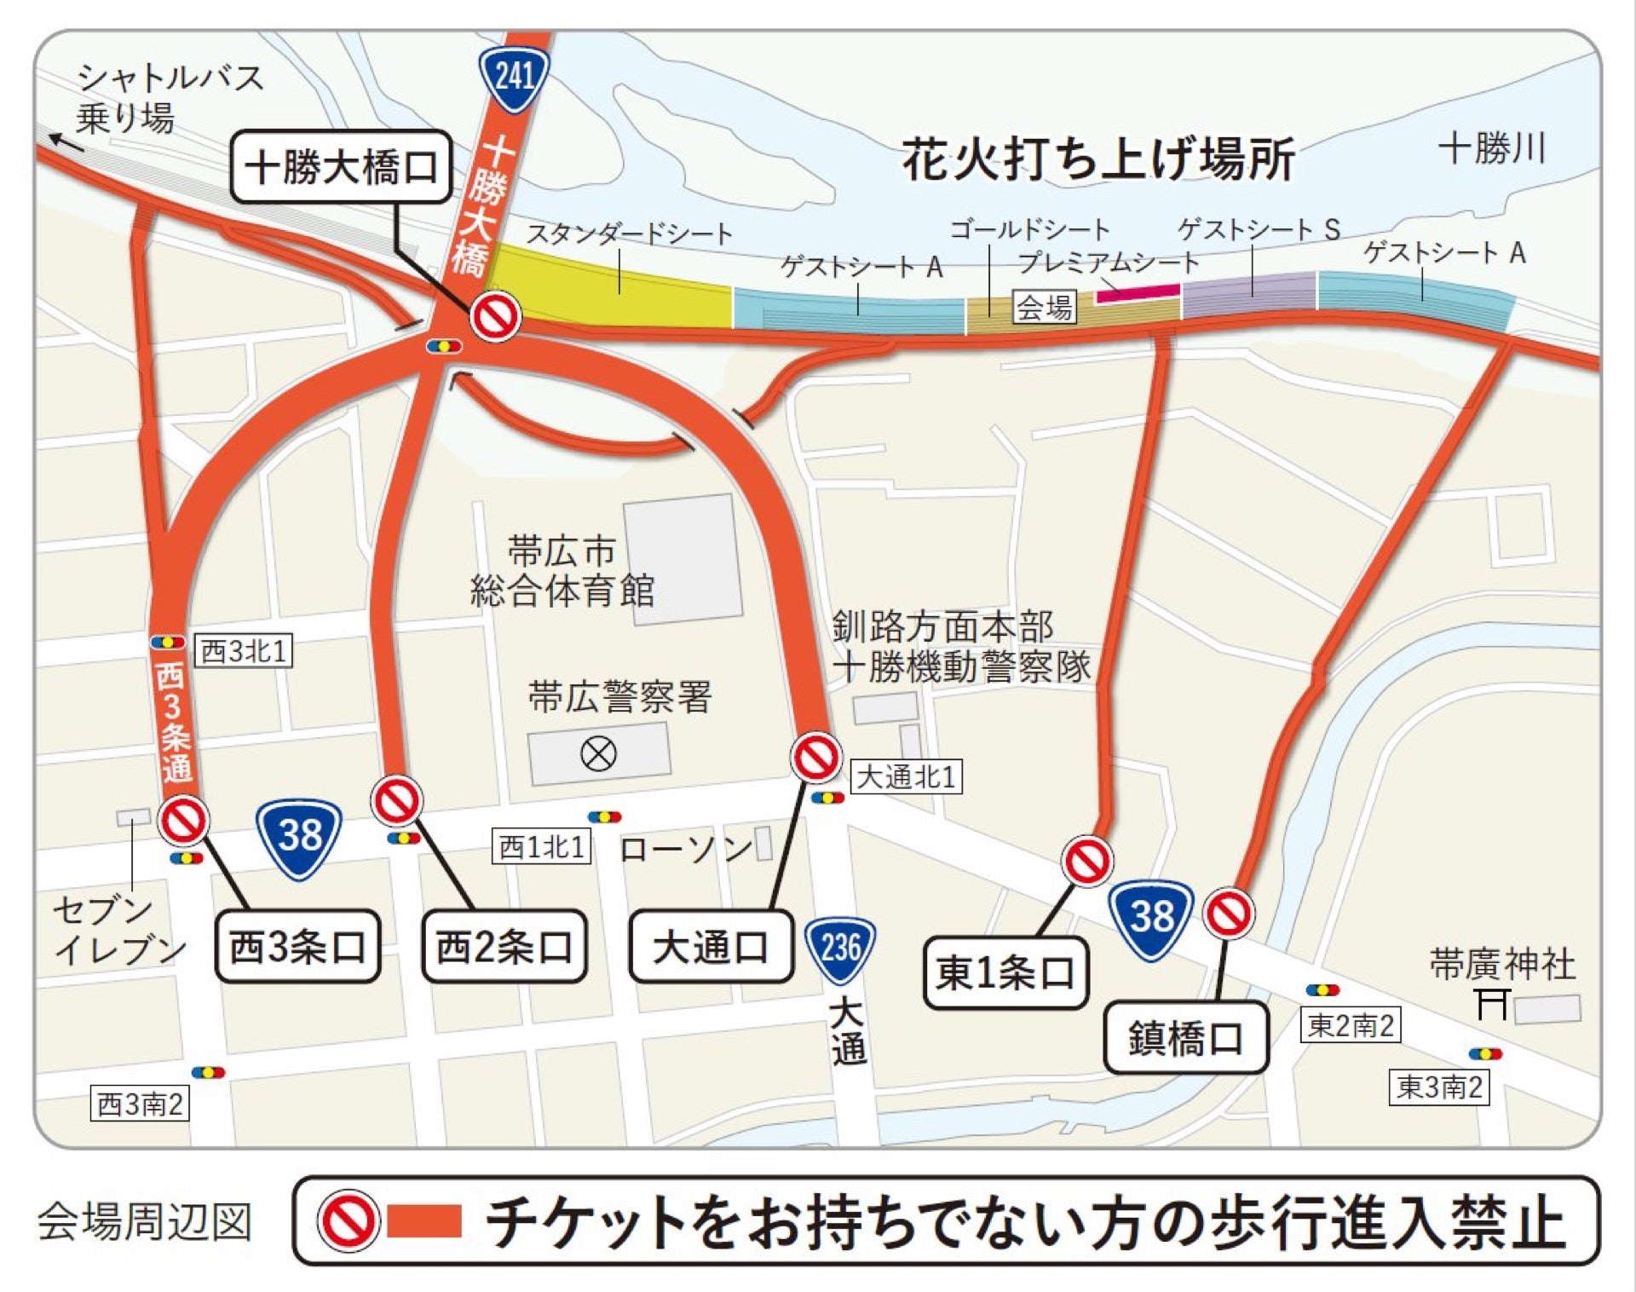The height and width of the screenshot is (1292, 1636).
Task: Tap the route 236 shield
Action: click(840, 948)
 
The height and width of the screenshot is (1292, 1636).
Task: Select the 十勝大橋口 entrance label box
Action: click(341, 167)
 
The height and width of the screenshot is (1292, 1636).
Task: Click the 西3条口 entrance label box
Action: click(297, 946)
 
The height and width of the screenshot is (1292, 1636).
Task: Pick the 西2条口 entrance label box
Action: click(504, 946)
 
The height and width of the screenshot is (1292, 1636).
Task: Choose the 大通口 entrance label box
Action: click(711, 946)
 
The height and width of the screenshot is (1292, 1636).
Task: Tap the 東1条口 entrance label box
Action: click(1005, 972)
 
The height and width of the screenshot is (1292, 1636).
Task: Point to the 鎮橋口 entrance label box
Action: click(1185, 1038)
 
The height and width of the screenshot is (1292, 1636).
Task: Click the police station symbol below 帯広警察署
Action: click(598, 753)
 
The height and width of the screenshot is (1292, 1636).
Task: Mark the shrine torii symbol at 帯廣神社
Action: click(1493, 1003)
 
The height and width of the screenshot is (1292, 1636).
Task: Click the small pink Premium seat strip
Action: click(1138, 293)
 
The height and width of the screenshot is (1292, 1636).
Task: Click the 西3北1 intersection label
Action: click(244, 651)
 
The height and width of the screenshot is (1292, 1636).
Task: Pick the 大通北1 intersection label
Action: click(907, 777)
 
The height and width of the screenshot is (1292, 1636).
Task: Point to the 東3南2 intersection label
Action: click(1439, 1087)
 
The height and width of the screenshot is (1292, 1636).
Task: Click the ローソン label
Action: click(686, 848)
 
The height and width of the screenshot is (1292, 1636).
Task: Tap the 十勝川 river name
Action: click(1492, 148)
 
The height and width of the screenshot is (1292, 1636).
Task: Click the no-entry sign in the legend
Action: click(348, 1220)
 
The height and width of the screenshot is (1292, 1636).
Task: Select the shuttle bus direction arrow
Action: click(66, 142)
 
